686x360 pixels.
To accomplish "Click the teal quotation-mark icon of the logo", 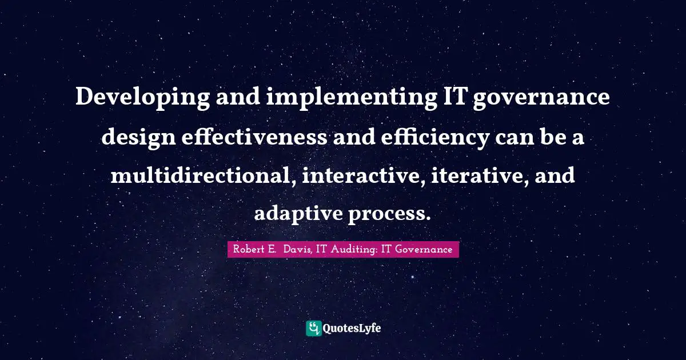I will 314,328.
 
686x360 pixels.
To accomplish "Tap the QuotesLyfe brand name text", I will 352,328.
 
